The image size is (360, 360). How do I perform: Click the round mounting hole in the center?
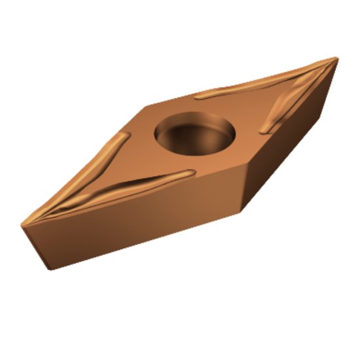click(194, 133)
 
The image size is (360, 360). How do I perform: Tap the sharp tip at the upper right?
click(337, 58)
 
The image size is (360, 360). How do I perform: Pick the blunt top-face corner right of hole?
click(247, 163)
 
